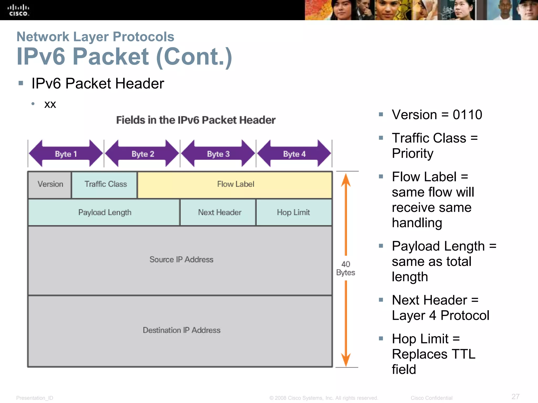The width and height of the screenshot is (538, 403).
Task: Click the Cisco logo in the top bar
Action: pos(18,10)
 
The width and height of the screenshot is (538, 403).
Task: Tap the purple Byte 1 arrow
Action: pos(66,154)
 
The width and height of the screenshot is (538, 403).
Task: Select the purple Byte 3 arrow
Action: pos(218,154)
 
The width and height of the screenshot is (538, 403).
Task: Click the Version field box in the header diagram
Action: pos(50,184)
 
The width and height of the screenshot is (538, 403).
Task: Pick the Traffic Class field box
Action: pos(105,184)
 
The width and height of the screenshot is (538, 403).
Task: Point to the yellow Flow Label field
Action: pos(235,184)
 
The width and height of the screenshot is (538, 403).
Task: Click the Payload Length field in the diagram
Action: pos(104,213)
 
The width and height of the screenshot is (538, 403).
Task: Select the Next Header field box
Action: pos(219,213)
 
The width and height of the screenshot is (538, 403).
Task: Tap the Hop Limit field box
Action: pos(293,213)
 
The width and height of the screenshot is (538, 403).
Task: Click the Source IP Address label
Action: pos(181,259)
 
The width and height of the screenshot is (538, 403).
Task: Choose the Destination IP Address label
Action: pos(181,330)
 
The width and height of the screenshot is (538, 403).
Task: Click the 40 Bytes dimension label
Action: pos(345,268)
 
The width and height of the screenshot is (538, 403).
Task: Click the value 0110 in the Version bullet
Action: pos(467,115)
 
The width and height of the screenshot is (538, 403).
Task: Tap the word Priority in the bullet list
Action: pos(412,153)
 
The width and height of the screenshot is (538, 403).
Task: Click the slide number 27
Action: pos(515,396)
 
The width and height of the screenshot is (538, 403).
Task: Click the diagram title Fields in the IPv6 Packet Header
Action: pos(196,120)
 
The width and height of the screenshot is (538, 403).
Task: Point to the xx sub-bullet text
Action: pos(50,104)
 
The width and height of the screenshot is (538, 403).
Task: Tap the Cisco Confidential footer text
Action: pos(431,398)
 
